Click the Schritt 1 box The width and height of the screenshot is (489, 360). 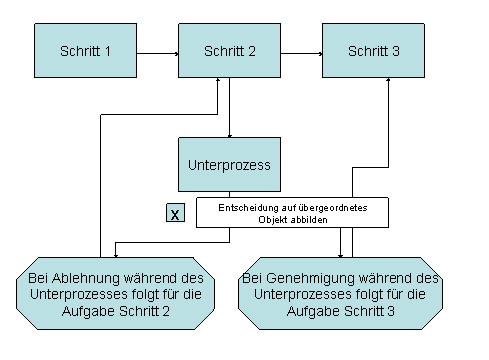[x=86, y=51]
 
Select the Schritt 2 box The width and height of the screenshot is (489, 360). [x=229, y=51]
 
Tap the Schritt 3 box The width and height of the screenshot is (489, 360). [x=373, y=51]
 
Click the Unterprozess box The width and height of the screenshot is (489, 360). [x=229, y=162]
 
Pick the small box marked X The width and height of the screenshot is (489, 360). [x=175, y=213]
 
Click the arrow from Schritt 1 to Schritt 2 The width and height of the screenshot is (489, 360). [x=157, y=50]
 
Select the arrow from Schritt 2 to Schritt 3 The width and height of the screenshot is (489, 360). [x=301, y=50]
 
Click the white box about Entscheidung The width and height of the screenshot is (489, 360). [x=290, y=212]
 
